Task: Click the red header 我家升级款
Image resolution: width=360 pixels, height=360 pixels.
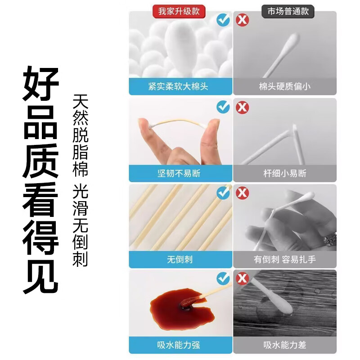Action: click(x=179, y=12)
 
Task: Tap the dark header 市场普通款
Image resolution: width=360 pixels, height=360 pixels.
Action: click(x=288, y=12)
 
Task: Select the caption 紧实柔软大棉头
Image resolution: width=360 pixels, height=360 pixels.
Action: click(x=179, y=86)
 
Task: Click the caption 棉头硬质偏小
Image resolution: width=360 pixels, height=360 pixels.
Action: click(x=284, y=86)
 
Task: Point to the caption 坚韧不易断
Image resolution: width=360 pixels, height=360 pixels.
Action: click(x=179, y=173)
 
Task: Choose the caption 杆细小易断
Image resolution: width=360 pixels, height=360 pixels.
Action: click(x=284, y=173)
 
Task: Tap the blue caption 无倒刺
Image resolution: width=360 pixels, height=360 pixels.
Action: click(x=179, y=260)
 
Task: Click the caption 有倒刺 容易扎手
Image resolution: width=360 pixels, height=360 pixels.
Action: click(x=284, y=260)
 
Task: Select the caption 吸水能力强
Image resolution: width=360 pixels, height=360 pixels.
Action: click(x=179, y=345)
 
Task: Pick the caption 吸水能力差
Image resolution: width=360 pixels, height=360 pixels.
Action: click(x=284, y=345)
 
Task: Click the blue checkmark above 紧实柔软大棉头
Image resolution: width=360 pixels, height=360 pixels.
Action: click(x=223, y=20)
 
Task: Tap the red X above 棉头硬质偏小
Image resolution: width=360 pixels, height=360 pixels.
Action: click(x=243, y=20)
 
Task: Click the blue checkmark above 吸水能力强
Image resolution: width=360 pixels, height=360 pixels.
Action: click(x=223, y=278)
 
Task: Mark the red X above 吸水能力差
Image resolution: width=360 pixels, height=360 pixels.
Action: click(x=243, y=278)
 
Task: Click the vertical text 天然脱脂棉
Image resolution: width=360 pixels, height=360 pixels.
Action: click(x=81, y=135)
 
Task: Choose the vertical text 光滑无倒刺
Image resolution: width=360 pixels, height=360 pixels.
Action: click(x=81, y=225)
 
